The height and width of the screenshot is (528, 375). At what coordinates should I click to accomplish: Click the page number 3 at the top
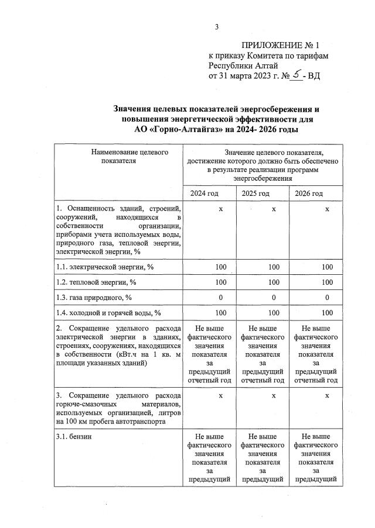point(216,26)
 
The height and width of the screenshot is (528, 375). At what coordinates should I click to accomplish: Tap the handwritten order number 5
point(298,75)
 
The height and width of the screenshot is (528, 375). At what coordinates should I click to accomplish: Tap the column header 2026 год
point(309,194)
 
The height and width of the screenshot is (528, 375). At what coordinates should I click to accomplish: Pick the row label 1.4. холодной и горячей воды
point(108,312)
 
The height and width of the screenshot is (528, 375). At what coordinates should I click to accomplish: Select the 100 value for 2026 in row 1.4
point(327,312)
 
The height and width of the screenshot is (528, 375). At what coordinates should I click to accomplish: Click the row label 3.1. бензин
point(74,437)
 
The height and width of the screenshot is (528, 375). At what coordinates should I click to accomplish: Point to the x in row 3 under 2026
point(327,396)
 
